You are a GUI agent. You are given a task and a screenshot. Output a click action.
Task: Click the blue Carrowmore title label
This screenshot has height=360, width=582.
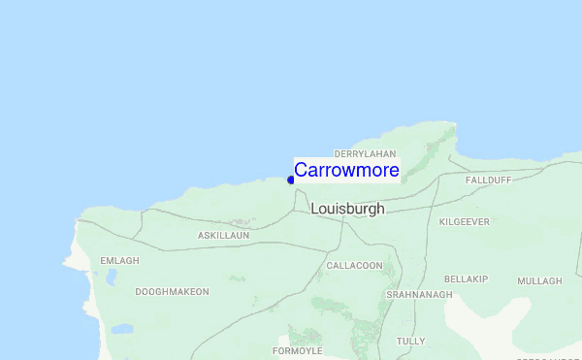tap(346, 170)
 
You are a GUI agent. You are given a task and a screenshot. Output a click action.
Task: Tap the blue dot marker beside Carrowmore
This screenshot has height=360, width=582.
tap(290, 180)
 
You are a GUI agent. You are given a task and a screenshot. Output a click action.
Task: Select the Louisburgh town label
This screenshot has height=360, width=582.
tap(347, 209)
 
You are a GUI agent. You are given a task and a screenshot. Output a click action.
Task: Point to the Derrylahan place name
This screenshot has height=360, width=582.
tap(365, 153)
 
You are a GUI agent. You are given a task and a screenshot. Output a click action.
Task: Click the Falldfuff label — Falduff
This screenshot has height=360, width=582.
tap(488, 180)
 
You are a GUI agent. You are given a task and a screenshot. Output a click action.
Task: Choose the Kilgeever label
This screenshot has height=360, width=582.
tap(465, 221)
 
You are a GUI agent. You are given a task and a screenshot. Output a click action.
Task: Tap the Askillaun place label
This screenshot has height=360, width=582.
tap(223, 236)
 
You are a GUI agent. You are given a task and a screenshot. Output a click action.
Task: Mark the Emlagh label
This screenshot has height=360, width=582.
tap(120, 261)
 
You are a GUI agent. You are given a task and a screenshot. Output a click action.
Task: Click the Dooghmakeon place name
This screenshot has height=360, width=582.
tap(172, 291)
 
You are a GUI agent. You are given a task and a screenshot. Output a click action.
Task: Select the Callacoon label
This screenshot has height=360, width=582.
tap(355, 265)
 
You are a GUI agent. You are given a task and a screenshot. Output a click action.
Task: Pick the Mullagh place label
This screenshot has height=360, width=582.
tap(539, 281)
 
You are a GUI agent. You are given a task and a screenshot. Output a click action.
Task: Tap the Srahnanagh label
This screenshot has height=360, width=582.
tap(419, 294)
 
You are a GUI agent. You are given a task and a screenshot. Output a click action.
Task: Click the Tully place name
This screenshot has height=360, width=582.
tap(410, 341)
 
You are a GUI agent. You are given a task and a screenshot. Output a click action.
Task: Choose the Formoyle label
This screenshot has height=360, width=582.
tap(297, 350)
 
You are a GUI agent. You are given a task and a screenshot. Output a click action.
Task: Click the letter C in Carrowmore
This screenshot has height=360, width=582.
tap(302, 170)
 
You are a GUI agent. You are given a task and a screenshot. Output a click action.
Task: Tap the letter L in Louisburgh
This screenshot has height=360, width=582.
tap(315, 209)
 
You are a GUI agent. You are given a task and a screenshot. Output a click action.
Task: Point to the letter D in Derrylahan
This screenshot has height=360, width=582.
tap(337, 153)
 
